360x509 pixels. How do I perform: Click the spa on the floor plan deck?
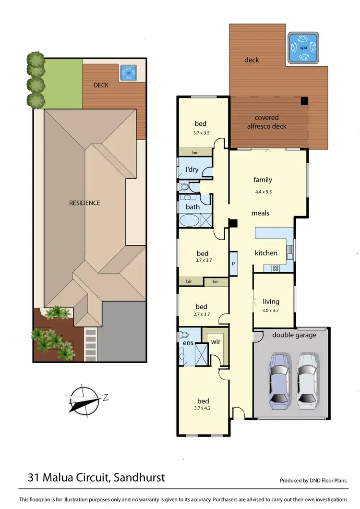point(303,48)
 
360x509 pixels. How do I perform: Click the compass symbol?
point(84,400)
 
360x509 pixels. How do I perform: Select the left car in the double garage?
point(278,380)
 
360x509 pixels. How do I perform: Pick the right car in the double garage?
point(306,380)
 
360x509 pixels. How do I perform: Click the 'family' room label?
point(263,180)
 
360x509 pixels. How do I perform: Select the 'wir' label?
point(216,342)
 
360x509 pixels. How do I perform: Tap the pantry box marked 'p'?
point(233,264)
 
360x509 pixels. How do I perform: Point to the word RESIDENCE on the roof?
point(84,203)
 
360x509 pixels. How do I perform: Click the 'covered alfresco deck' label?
point(266,122)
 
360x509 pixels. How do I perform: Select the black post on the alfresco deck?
point(304,101)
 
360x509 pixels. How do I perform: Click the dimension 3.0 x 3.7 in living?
point(271,310)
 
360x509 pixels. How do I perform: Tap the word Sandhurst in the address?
point(140,477)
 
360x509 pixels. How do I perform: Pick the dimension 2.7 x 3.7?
point(201,314)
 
